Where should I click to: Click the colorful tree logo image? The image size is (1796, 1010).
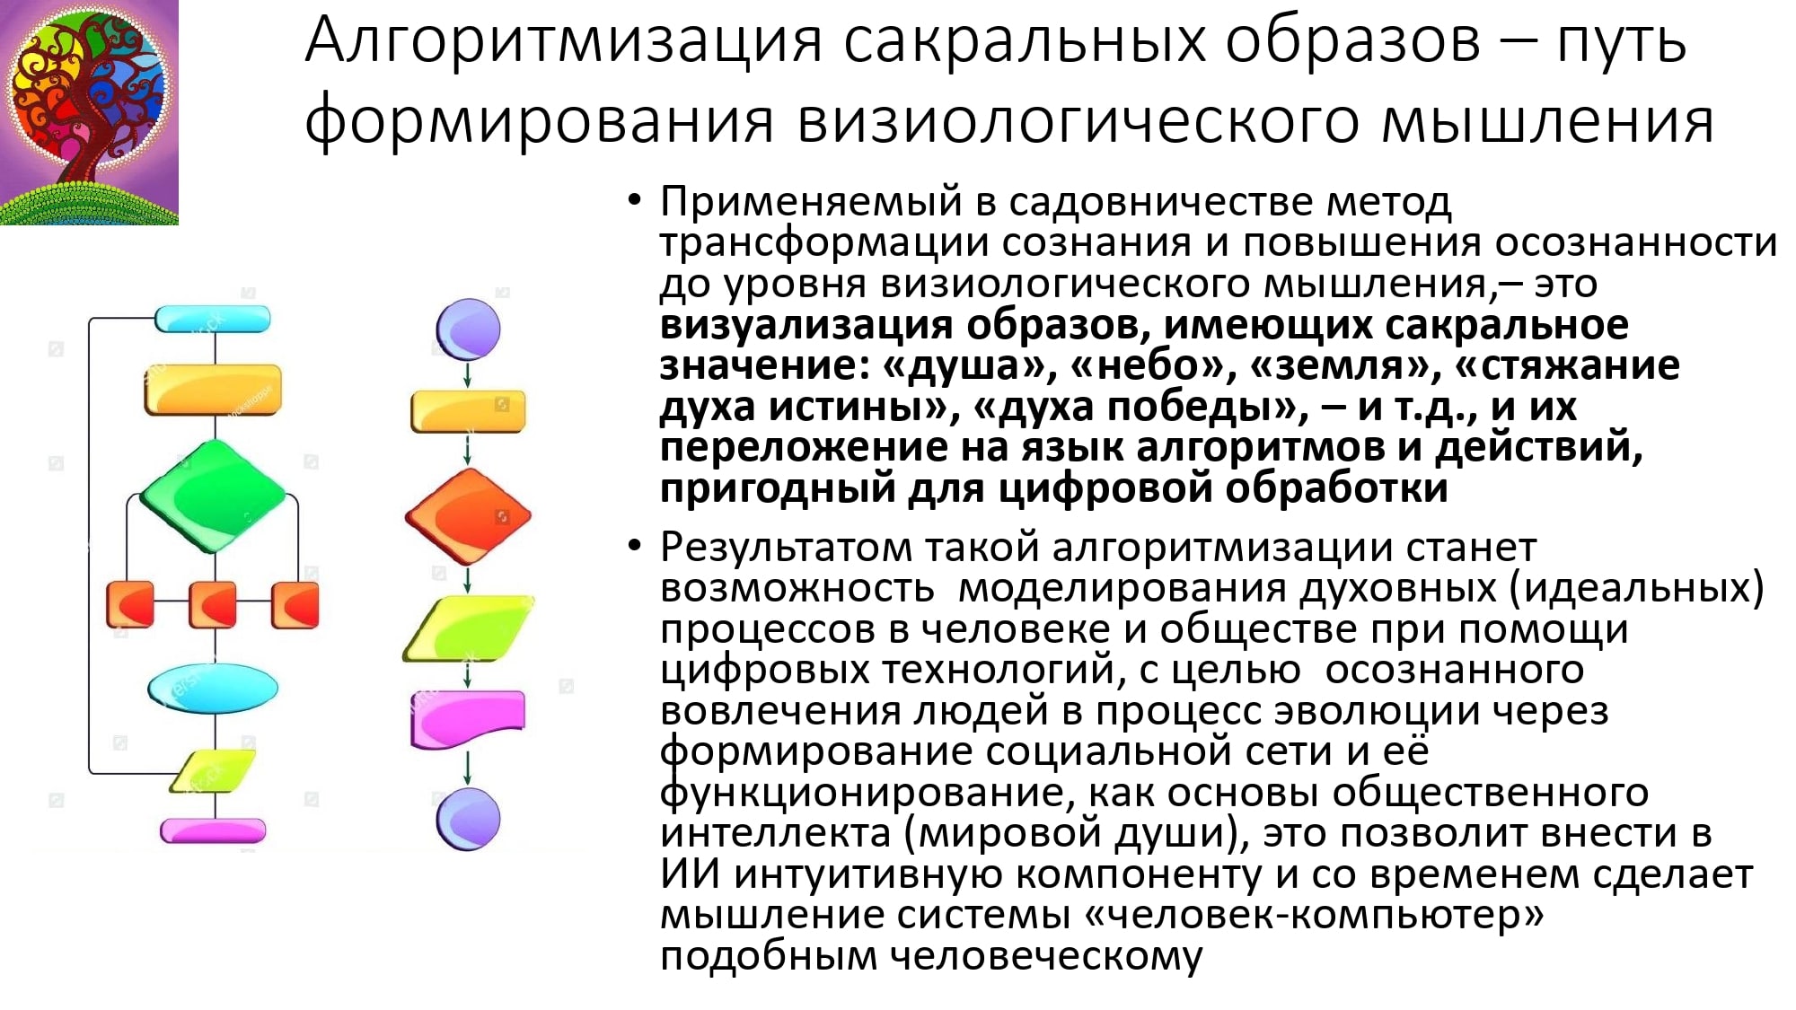[89, 112]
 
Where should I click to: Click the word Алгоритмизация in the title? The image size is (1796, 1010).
[565, 42]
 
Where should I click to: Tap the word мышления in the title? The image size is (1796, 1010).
[1548, 121]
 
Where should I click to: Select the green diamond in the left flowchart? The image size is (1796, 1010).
[213, 496]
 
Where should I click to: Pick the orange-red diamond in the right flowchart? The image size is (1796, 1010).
[468, 516]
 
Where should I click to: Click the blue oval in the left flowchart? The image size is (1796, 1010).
[213, 689]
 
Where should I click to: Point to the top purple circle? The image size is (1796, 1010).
[468, 329]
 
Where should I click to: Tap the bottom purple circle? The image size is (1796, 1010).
[468, 819]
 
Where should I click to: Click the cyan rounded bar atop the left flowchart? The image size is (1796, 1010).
[213, 319]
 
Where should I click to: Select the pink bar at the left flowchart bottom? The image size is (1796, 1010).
[213, 830]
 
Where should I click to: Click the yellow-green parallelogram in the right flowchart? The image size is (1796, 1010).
[468, 628]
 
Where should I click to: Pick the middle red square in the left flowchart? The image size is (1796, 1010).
[213, 603]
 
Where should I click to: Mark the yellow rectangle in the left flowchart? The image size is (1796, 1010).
[213, 390]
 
